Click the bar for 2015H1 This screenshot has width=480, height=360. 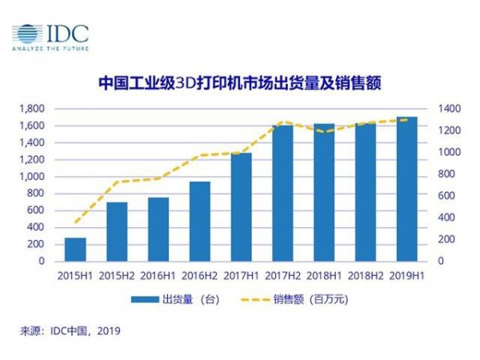click(x=75, y=250)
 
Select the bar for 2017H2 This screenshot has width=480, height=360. click(x=283, y=194)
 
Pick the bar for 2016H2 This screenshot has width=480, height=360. click(x=200, y=222)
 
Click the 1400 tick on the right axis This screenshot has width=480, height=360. click(x=445, y=108)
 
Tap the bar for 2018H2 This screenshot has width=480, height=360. click(x=366, y=192)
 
